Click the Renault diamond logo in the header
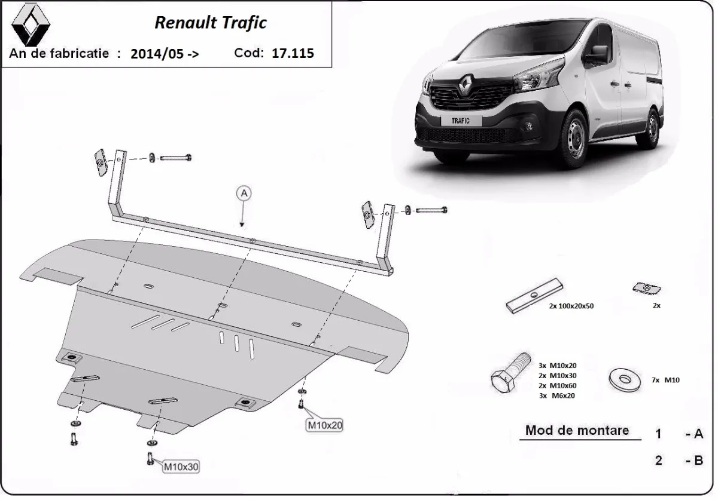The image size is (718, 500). pos(31,25)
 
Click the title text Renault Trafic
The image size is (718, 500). pos(211,23)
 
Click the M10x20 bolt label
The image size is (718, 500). pos(325,425)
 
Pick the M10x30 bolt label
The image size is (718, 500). pos(180,466)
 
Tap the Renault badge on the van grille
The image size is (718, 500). pos(466,86)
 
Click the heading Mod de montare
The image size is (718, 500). pos(577,430)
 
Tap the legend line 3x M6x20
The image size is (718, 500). pos(556,395)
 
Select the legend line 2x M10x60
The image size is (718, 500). pos(556,385)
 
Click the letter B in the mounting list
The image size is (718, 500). pos(698,460)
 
